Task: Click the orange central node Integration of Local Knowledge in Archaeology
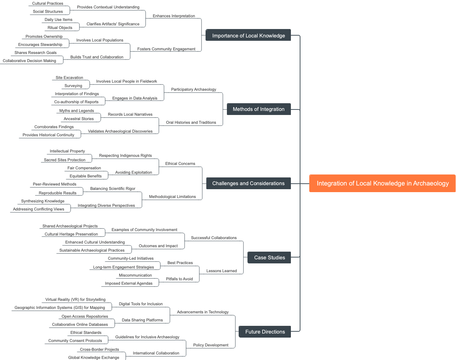(382, 183)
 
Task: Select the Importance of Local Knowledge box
(248, 36)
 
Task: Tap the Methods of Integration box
(259, 109)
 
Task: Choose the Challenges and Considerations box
(248, 183)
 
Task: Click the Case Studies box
(269, 258)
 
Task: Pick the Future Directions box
(265, 332)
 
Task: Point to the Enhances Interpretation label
(174, 16)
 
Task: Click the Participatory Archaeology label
(193, 89)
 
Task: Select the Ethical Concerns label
(180, 163)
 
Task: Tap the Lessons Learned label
(221, 271)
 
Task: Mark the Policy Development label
(211, 345)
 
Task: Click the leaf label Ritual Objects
(60, 28)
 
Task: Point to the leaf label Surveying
(73, 86)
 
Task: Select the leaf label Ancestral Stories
(79, 119)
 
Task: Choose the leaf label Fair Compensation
(84, 168)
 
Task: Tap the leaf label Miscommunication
(135, 275)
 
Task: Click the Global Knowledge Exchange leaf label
(93, 357)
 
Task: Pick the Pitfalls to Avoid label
(179, 279)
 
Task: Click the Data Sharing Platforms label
(142, 320)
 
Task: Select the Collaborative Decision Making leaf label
(29, 61)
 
